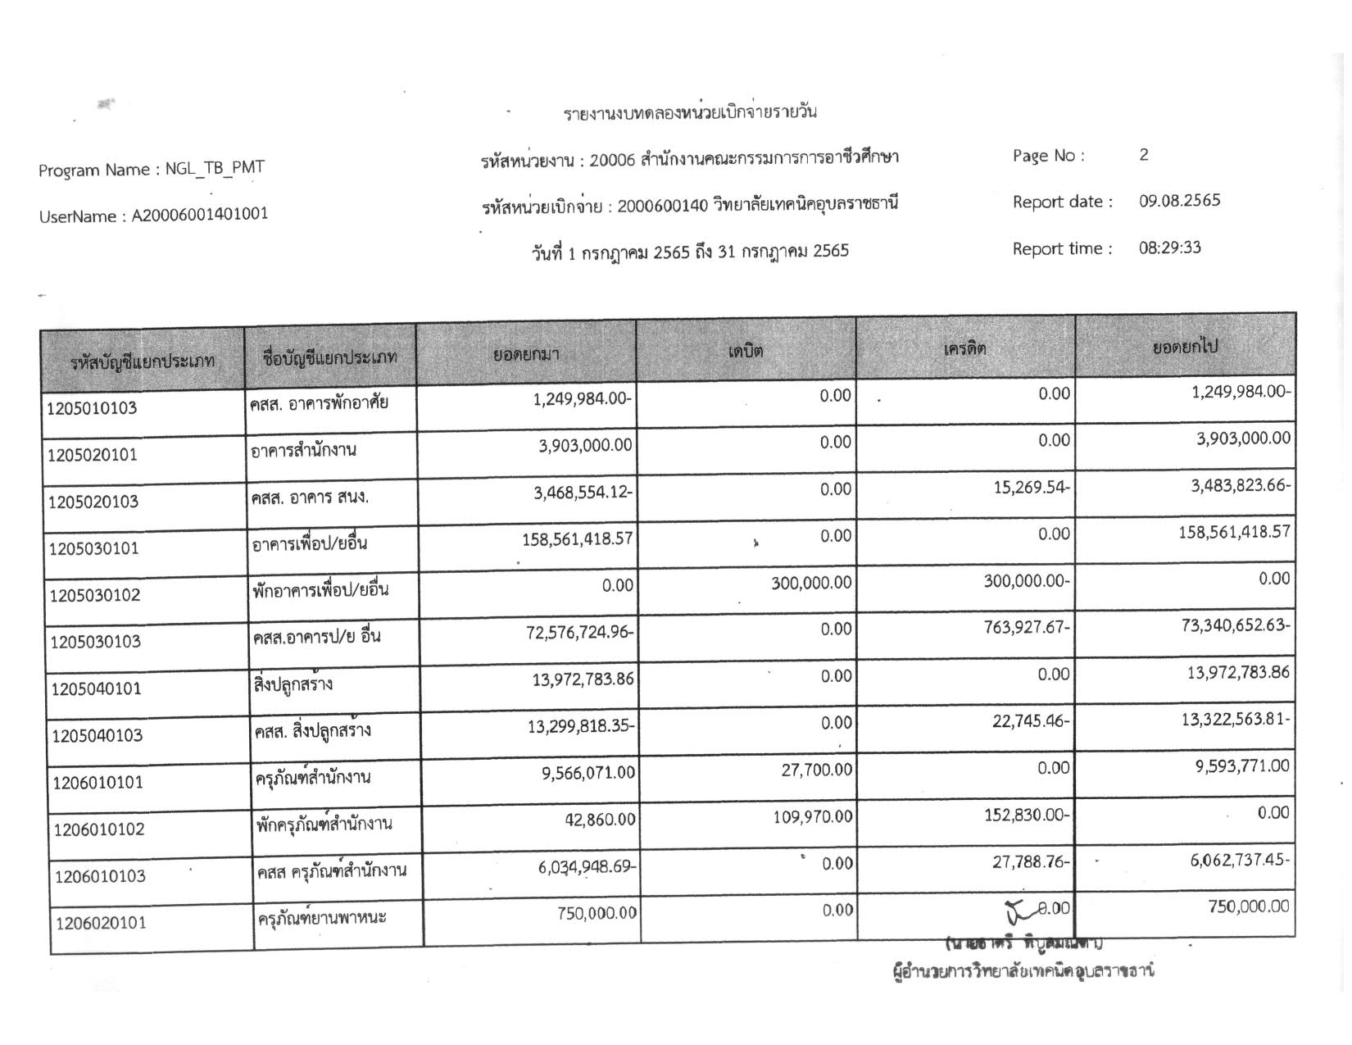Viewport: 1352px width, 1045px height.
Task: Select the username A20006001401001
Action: coord(199,215)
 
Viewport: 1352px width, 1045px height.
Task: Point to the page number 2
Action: coord(1144,155)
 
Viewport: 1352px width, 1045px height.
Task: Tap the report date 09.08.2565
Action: coord(1179,201)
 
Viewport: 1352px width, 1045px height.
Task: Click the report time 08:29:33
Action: coord(1169,248)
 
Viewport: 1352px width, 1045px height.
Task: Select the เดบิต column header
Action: coord(745,351)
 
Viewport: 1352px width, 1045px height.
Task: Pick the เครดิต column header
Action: coord(964,348)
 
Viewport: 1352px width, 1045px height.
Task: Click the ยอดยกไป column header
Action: coord(1185,347)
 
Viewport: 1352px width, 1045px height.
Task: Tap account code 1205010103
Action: coord(92,408)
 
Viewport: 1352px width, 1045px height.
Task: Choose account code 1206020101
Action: coord(101,923)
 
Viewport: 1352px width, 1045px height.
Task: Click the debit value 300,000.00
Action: coord(811,583)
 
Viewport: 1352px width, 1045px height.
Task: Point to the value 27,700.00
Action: coord(816,770)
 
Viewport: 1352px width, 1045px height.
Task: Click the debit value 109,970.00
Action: coord(813,816)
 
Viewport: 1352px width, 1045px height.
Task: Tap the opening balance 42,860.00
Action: coord(600,819)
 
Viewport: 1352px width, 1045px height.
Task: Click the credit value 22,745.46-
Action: coord(1031,722)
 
